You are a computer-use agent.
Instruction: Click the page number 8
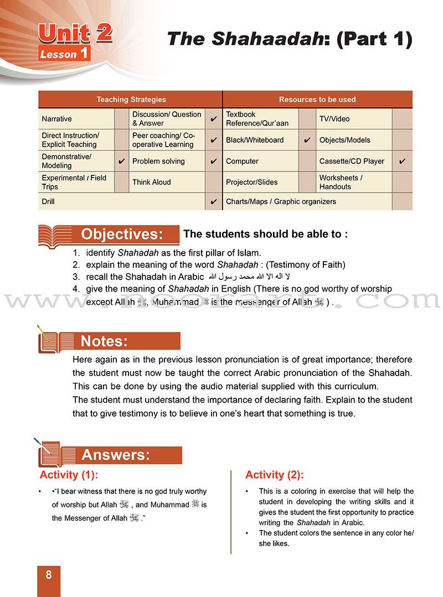[49, 575]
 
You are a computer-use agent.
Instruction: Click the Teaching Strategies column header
[131, 100]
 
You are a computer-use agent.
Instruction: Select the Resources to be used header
[317, 100]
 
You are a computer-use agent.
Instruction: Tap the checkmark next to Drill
[214, 202]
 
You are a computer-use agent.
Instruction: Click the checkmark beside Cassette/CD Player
[402, 162]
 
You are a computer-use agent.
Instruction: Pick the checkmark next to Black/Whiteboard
[307, 141]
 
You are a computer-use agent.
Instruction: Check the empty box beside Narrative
[121, 119]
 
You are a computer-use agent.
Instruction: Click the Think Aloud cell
[151, 182]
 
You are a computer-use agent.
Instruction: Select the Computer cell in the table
[242, 162]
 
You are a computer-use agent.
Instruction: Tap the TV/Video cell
[334, 119]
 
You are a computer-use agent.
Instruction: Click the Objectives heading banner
[122, 234]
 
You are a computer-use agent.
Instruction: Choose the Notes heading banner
[104, 341]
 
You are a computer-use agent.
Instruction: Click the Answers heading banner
[116, 455]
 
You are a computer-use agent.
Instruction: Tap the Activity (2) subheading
[275, 475]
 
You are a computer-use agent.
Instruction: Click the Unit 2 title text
[75, 34]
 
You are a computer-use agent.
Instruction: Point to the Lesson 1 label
[64, 54]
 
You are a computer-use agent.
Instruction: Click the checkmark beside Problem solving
[214, 162]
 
